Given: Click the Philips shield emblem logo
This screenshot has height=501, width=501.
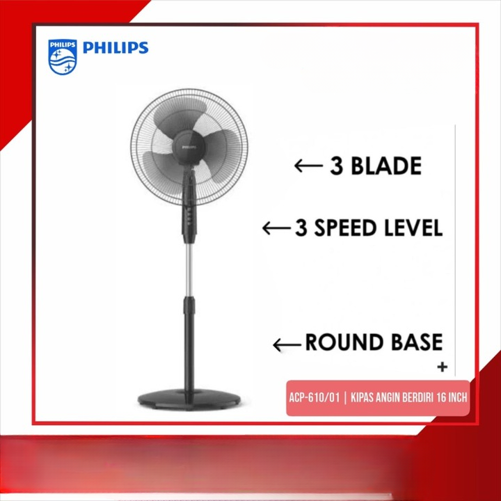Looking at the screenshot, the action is [x=63, y=57].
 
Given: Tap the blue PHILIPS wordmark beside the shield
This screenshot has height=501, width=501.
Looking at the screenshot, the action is [x=116, y=47].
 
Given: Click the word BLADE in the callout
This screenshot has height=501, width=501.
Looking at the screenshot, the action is [x=386, y=166].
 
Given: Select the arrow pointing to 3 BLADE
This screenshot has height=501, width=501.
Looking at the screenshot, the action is [x=309, y=166].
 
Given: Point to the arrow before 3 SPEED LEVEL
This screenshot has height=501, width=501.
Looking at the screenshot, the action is [x=276, y=228].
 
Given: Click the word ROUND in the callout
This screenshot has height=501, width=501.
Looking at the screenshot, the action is [x=346, y=342].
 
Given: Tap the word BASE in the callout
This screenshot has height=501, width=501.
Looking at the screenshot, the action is [x=417, y=342].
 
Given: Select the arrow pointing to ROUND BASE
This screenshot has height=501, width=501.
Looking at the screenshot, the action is [x=287, y=344].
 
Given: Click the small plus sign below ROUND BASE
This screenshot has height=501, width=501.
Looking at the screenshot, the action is [x=443, y=367].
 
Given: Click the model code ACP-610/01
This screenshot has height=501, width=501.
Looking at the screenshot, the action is [x=314, y=398].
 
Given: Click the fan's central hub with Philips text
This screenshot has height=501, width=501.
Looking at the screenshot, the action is [x=189, y=148].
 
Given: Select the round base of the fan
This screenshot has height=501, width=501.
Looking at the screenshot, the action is [x=189, y=399].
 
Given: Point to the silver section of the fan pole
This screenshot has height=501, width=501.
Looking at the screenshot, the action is [x=189, y=270].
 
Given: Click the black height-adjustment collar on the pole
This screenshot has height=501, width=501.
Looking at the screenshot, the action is [x=189, y=305].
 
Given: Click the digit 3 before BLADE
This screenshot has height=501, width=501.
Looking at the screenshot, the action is [x=337, y=166].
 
